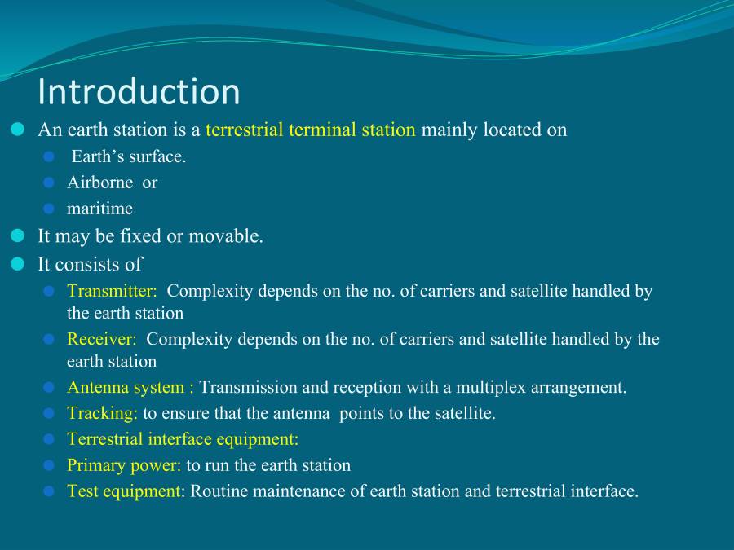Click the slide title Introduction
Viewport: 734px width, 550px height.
(139, 91)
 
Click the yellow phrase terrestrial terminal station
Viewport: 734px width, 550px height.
(311, 130)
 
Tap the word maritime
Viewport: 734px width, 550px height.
(99, 209)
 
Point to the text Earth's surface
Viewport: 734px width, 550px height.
(129, 156)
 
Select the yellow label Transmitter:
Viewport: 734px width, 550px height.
(112, 291)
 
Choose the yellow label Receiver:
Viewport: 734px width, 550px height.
(102, 339)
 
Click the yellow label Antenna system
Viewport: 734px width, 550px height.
(126, 387)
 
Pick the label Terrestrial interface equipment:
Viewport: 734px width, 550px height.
(183, 439)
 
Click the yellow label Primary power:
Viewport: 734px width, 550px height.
(124, 465)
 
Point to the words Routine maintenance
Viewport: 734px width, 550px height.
(257, 491)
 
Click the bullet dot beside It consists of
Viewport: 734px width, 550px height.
(18, 264)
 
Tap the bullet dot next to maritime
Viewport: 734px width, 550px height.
(49, 209)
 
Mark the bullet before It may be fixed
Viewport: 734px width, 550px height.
(18, 236)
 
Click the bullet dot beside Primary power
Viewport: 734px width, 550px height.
(49, 465)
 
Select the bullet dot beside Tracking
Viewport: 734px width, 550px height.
(49, 413)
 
